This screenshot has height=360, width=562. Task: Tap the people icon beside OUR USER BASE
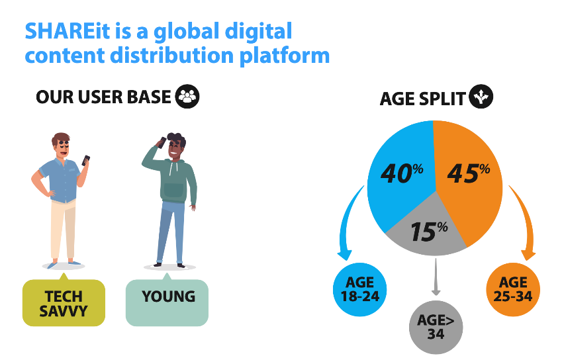pyautogui.click(x=187, y=97)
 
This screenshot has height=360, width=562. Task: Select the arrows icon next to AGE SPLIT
pyautogui.click(x=481, y=97)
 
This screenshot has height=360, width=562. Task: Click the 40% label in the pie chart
pyautogui.click(x=402, y=173)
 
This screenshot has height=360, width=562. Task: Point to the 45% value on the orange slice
pyautogui.click(x=469, y=173)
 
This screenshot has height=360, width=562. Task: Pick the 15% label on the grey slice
pyautogui.click(x=429, y=231)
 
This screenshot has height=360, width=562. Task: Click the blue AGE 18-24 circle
pyautogui.click(x=360, y=289)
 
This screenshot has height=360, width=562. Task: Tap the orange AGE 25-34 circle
pyautogui.click(x=513, y=289)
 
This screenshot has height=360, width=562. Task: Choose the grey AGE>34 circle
pyautogui.click(x=436, y=327)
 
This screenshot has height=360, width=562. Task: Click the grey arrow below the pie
pyautogui.click(x=436, y=277)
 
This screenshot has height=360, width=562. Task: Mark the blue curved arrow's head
pyautogui.click(x=345, y=255)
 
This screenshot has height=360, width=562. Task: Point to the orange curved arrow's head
pyautogui.click(x=528, y=255)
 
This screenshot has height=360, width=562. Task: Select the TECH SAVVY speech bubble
pyautogui.click(x=64, y=301)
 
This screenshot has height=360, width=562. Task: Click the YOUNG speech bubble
pyautogui.click(x=167, y=301)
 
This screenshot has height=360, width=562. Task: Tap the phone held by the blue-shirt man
pyautogui.click(x=85, y=160)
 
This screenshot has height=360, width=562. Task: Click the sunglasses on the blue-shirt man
pyautogui.click(x=64, y=144)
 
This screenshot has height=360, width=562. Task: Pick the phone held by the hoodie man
pyautogui.click(x=162, y=142)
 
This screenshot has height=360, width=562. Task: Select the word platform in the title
pyautogui.click(x=285, y=56)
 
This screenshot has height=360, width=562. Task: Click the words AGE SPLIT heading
pyautogui.click(x=422, y=99)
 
